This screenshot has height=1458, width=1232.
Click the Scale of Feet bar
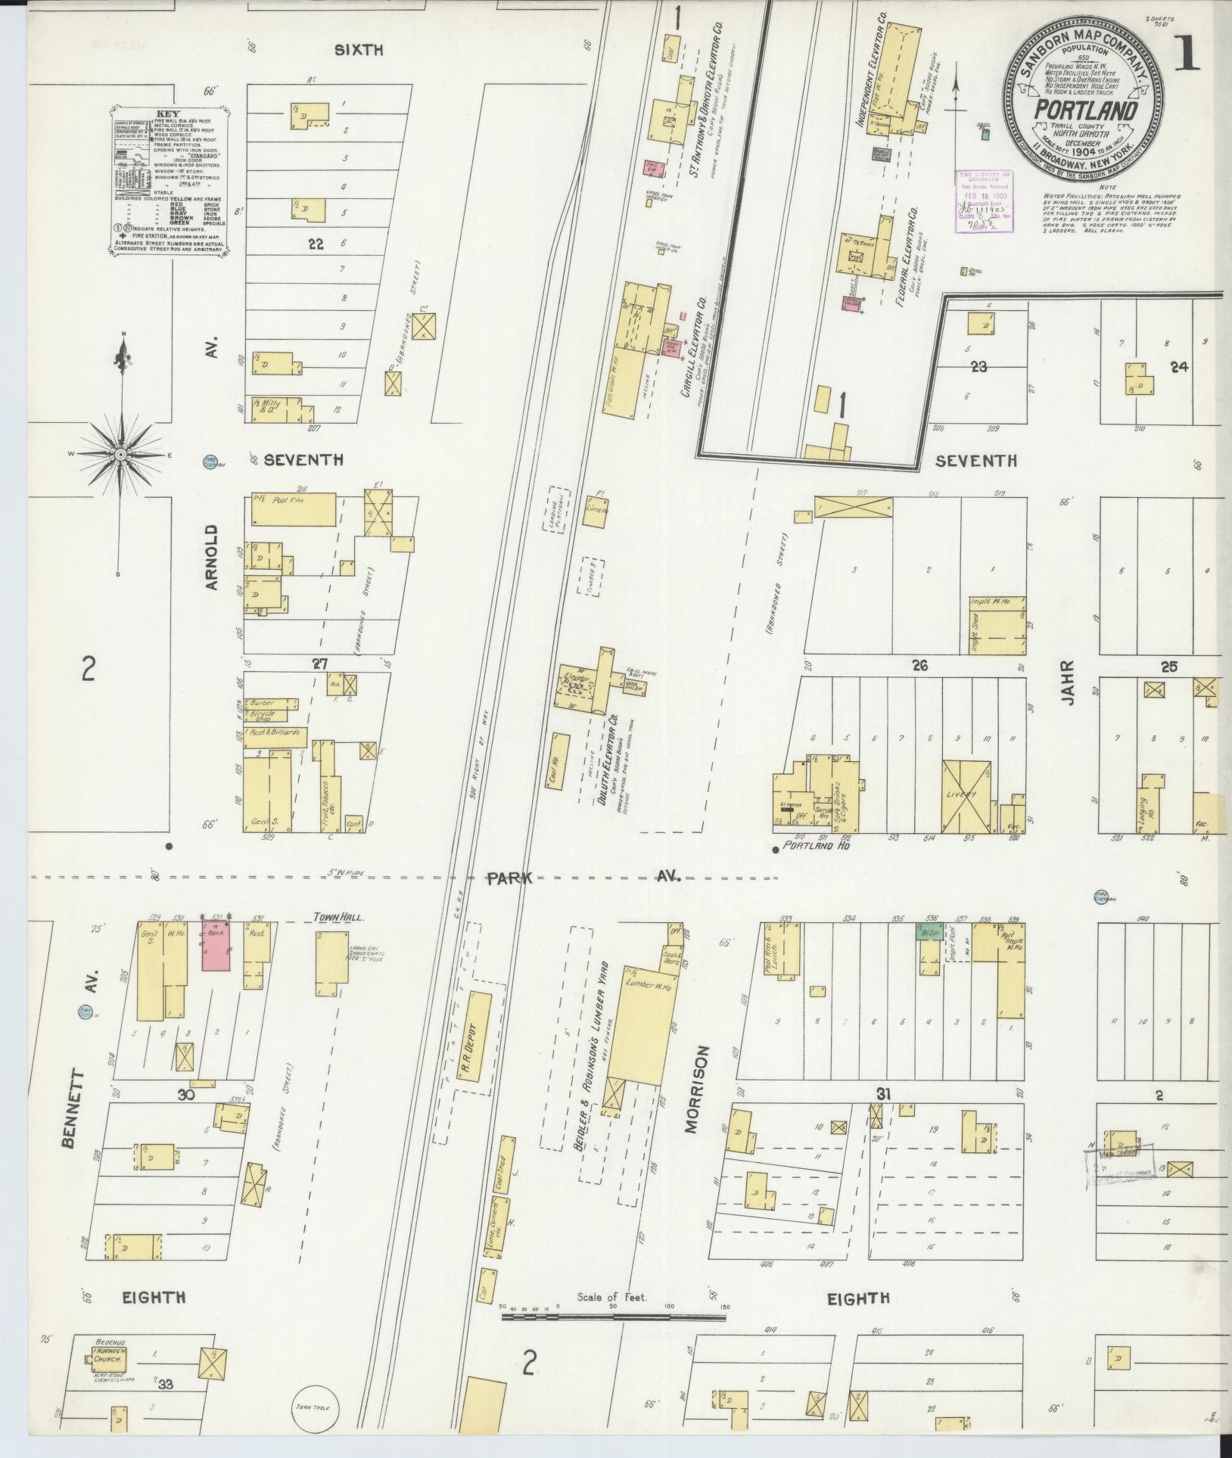(613, 1317)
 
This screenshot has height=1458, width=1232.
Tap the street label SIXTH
(359, 51)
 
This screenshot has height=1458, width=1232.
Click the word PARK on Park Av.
(510, 878)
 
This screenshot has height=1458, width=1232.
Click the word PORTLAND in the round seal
(1086, 112)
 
